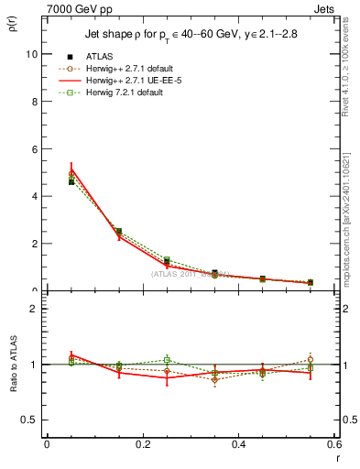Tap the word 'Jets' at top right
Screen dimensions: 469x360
(324, 7)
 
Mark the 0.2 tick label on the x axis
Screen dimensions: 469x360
(142, 444)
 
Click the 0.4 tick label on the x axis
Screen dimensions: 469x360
(238, 444)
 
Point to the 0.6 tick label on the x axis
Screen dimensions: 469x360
(333, 444)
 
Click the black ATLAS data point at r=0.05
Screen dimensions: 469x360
(71, 181)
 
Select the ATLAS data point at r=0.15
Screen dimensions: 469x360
(119, 232)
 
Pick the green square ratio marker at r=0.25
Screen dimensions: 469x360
(167, 360)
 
